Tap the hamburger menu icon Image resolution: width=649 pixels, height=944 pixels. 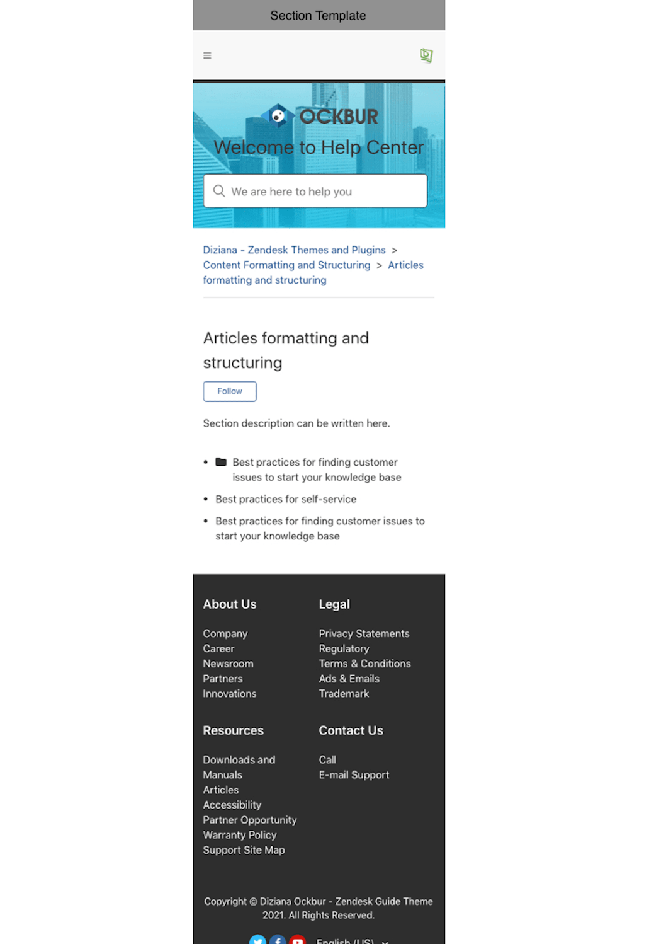207,55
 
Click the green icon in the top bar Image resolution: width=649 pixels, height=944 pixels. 426,55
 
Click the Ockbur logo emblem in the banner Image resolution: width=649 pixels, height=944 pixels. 277,116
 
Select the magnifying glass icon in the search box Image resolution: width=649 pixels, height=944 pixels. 219,191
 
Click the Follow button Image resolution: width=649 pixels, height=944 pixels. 230,391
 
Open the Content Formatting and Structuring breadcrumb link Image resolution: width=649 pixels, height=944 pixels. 286,265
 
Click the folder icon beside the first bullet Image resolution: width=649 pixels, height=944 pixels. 221,462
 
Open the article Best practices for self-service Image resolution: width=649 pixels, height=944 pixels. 286,499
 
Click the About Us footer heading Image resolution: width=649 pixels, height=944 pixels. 230,604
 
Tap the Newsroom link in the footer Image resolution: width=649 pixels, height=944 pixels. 228,664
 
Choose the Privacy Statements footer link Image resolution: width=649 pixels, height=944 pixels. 364,633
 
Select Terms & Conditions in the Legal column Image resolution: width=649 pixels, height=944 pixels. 364,664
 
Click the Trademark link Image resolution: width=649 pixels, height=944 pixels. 344,694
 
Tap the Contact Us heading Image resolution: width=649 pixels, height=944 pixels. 351,730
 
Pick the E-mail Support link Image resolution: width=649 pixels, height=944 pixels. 354,775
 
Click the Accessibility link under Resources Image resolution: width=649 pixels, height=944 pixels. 232,805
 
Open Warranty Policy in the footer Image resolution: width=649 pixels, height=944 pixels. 239,835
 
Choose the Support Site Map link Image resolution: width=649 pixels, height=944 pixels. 244,850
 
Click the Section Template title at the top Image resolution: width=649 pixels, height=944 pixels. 318,16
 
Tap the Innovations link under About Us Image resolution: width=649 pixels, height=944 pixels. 230,694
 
